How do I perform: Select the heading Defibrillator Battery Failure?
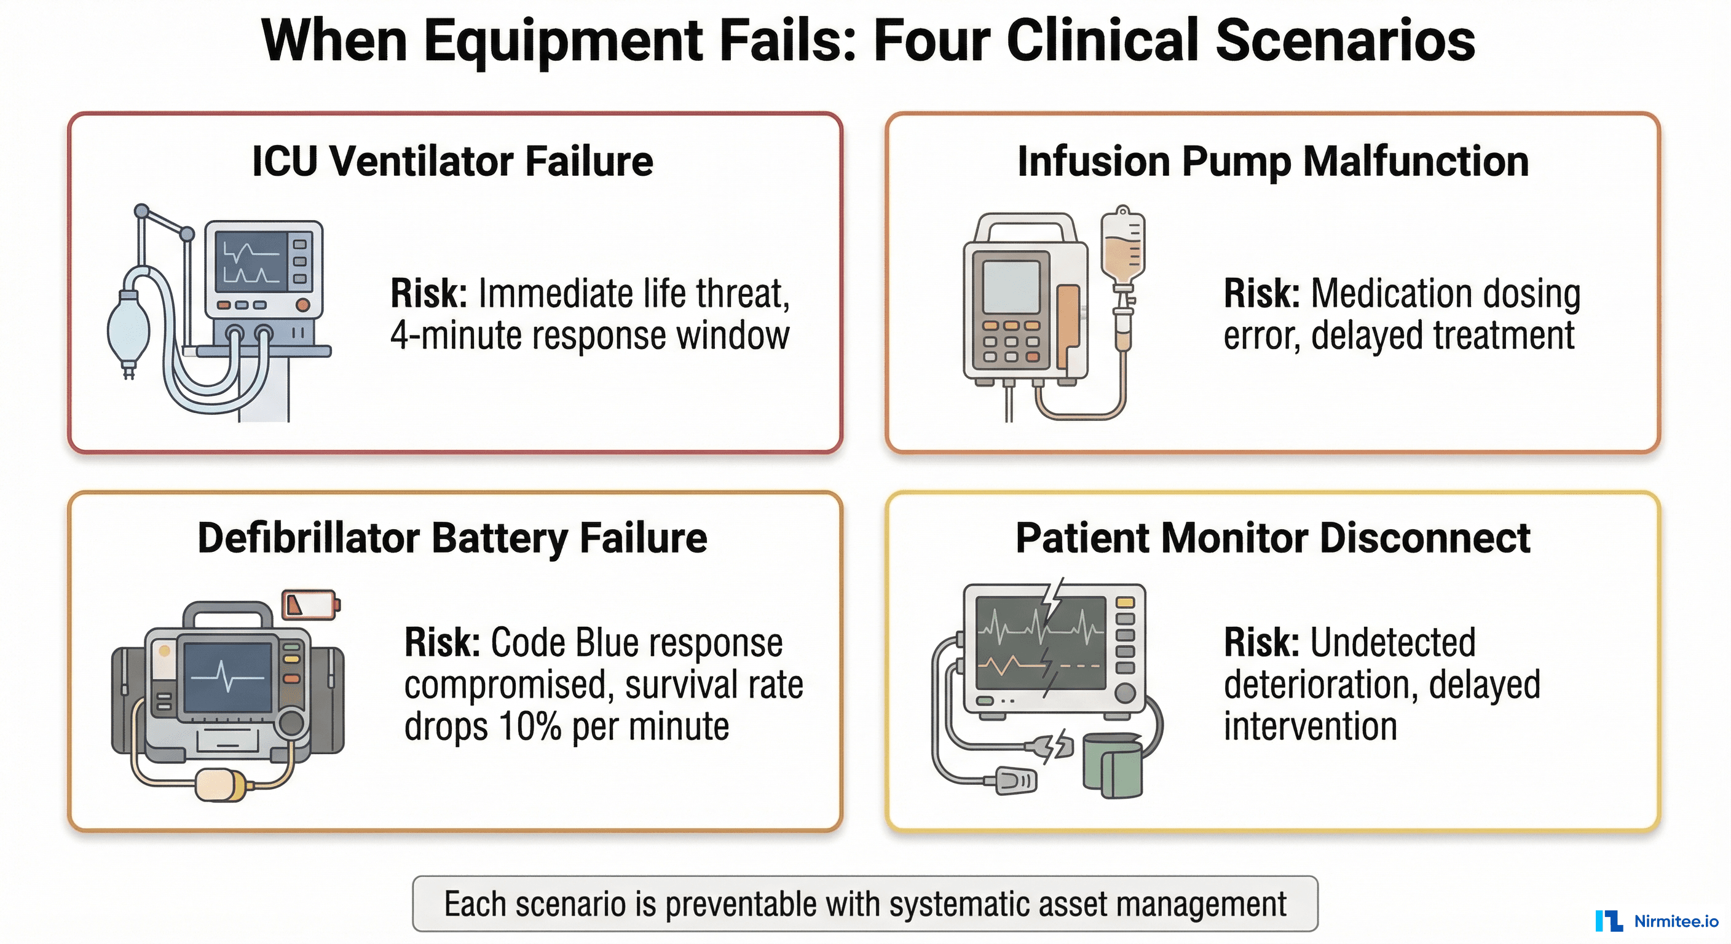click(x=452, y=538)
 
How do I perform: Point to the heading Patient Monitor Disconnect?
click(x=1272, y=538)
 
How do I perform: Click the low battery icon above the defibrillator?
click(x=310, y=604)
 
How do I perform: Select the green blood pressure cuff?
click(x=1113, y=766)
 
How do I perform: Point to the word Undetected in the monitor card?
click(x=1392, y=642)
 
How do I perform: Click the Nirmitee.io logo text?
click(x=1676, y=921)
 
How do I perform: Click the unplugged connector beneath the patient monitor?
click(x=1038, y=745)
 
